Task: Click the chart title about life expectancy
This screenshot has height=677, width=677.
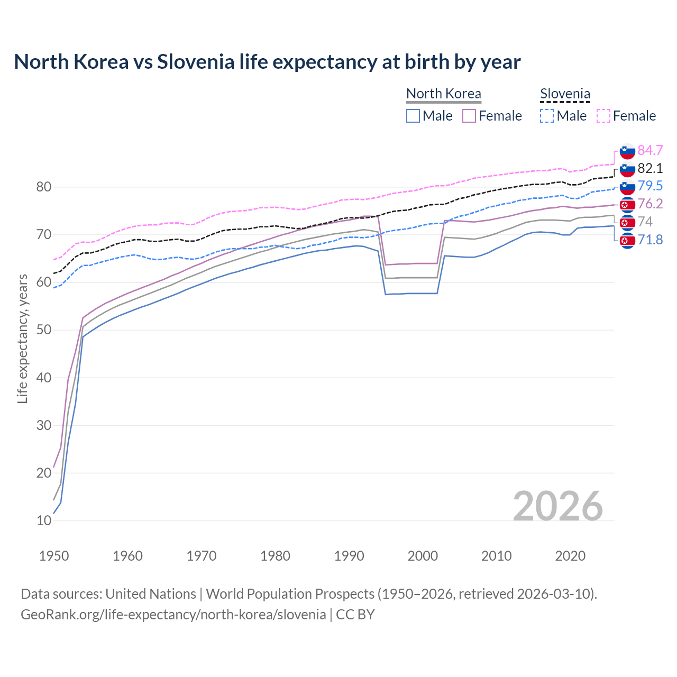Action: (x=267, y=62)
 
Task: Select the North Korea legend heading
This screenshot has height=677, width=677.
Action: (x=443, y=94)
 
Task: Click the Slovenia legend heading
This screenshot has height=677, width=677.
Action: (x=565, y=94)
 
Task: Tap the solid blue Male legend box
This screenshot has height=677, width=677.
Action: (x=413, y=116)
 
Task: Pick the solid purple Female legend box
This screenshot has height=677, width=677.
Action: (x=469, y=116)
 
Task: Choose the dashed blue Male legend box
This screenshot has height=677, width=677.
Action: (x=547, y=116)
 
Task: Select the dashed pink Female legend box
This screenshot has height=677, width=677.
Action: (x=603, y=116)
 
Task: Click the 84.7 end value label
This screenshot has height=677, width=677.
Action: (x=650, y=150)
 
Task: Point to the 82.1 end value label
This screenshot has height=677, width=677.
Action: (x=650, y=168)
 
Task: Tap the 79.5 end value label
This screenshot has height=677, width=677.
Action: (x=650, y=186)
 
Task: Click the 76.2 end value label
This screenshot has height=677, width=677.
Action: (x=650, y=204)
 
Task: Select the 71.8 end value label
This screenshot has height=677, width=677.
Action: (x=650, y=240)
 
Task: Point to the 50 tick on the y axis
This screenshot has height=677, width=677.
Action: (x=44, y=330)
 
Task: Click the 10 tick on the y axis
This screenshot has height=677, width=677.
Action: (x=44, y=520)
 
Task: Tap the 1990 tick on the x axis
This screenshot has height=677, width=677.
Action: (x=349, y=556)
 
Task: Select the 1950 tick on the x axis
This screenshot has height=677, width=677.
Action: (x=54, y=556)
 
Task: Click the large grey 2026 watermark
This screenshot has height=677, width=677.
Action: (x=558, y=507)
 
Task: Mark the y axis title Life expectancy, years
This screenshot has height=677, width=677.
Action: (x=22, y=338)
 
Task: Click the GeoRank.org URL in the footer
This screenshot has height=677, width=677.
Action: (x=173, y=614)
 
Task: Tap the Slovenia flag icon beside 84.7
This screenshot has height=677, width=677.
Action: (x=627, y=151)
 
